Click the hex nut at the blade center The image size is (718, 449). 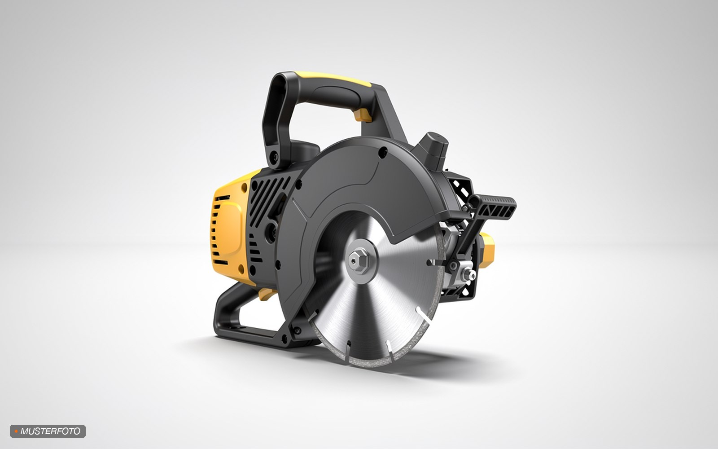point(359,261)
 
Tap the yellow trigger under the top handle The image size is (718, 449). point(363,115)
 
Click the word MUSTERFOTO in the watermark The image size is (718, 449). point(50,431)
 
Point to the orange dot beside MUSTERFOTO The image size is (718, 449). point(16,431)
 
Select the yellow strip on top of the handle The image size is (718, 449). point(333,79)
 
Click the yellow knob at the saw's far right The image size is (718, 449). point(486,250)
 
